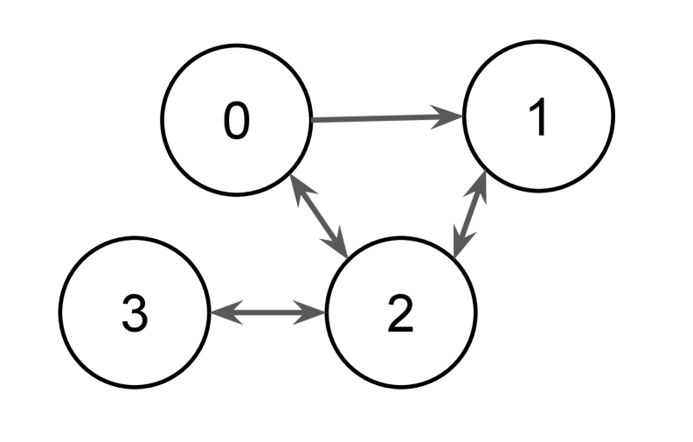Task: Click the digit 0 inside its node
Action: coord(236,121)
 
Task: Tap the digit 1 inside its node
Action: coord(539,120)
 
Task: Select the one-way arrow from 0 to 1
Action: coord(385,118)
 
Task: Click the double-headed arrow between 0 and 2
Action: coord(318,215)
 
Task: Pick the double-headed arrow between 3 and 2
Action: coord(267,312)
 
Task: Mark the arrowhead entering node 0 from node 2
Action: coord(297,186)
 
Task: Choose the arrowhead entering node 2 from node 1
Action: coord(460,247)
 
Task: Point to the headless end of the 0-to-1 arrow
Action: coord(315,120)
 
